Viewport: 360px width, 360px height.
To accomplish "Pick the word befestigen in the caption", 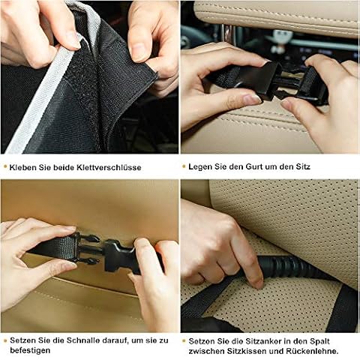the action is (30, 350).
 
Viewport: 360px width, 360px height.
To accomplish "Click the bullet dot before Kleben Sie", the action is (5, 166).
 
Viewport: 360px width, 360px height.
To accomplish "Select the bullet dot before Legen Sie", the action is (184, 166).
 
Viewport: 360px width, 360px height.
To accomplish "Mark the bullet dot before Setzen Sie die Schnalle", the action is (5, 340).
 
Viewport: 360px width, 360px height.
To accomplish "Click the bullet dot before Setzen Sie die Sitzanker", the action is (184, 341).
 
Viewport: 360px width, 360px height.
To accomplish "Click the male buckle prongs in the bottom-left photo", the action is (88, 248).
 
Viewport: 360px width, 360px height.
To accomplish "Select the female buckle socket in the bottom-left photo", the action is (120, 256).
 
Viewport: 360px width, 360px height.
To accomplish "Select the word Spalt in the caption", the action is (319, 341).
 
